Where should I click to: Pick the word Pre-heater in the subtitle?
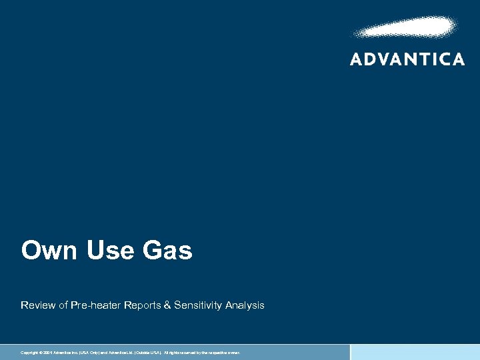(95, 305)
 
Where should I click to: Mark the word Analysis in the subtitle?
(245, 305)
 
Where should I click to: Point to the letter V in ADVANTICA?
(387, 59)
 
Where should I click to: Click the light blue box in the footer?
(415, 352)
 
